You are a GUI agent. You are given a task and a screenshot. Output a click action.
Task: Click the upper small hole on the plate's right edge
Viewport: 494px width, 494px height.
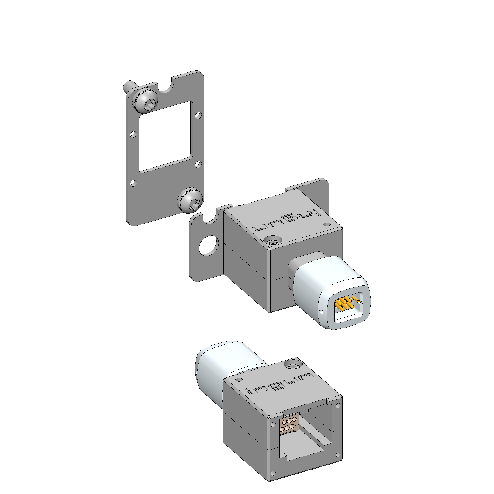pyautogui.click(x=198, y=116)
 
